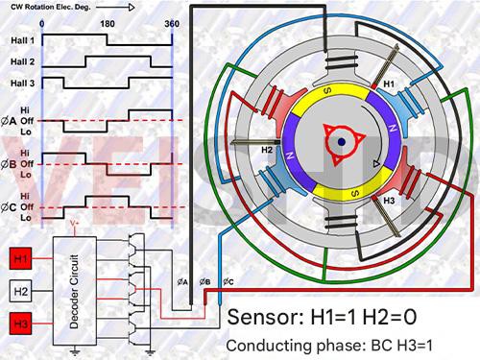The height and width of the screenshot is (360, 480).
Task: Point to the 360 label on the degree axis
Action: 171,21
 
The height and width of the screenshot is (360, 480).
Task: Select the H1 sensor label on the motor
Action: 389,84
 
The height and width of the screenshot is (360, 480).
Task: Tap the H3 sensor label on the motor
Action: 390,202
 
